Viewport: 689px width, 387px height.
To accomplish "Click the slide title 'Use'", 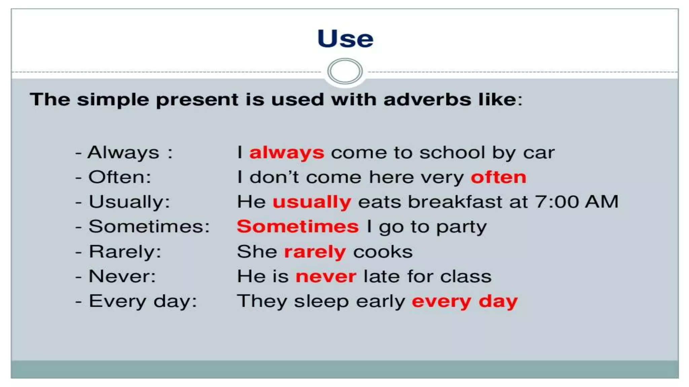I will [345, 39].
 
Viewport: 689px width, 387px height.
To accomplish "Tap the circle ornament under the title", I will [345, 71].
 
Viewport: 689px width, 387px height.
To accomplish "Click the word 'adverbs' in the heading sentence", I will [427, 100].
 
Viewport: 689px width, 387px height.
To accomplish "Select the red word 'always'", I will [287, 153].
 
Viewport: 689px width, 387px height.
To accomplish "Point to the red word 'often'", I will [498, 177].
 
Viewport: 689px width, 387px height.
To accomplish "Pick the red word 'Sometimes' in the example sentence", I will [298, 226].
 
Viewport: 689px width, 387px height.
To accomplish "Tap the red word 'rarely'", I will [315, 252].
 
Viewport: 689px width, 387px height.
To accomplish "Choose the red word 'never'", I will [326, 277].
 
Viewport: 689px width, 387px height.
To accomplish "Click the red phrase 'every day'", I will [464, 301].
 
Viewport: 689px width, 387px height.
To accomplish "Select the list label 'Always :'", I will [130, 153].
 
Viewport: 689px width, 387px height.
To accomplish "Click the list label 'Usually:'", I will [129, 202].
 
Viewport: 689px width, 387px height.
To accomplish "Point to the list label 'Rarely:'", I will [125, 252].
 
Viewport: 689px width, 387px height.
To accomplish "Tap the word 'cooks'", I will [383, 252].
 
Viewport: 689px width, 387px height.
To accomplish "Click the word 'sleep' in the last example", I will [321, 302].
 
